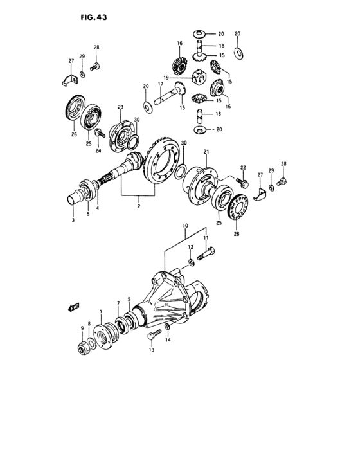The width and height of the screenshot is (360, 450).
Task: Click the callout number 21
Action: [206, 152]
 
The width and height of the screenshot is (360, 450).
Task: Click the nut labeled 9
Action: [82, 348]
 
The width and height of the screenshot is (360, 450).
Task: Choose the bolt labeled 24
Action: [99, 133]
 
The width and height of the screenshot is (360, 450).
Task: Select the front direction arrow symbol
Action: [73, 307]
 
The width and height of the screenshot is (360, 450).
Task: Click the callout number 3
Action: [73, 220]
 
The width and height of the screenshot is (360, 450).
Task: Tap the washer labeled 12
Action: [191, 262]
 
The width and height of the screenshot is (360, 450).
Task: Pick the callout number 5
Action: [129, 298]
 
